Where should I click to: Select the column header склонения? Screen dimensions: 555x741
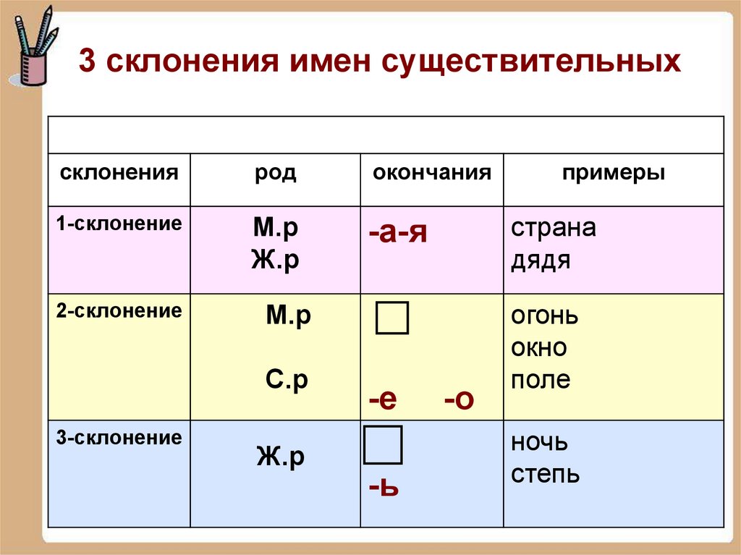click(x=119, y=173)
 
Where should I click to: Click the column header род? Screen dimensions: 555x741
click(x=275, y=174)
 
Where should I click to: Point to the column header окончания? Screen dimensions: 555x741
click(x=432, y=173)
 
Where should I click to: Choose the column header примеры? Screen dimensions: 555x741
click(x=614, y=173)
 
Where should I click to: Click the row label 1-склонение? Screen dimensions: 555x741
click(x=119, y=224)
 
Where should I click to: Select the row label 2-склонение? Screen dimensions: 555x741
click(x=119, y=312)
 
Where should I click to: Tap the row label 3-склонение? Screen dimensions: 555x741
click(x=119, y=438)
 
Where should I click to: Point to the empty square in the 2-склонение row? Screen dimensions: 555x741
click(x=392, y=318)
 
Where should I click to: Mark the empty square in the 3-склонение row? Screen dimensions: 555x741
click(x=383, y=445)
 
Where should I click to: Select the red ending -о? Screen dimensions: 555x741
click(x=459, y=399)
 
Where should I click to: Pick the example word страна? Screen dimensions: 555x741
click(x=554, y=228)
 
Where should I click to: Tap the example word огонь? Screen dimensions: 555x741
click(x=545, y=317)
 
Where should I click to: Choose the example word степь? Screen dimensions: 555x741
click(x=546, y=474)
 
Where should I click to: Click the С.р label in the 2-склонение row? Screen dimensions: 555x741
click(x=287, y=381)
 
